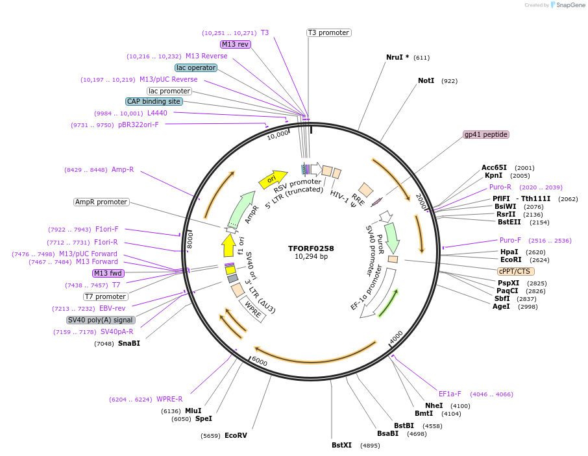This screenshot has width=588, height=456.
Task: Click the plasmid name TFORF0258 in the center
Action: [x=311, y=248]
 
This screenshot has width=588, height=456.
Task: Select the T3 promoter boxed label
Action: [x=328, y=32]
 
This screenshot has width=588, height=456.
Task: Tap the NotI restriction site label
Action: [x=426, y=81]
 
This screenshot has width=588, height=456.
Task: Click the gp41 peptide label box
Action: [x=486, y=135]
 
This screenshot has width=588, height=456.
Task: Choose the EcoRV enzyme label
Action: [x=236, y=435]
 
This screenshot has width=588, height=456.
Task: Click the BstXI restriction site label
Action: [x=341, y=445]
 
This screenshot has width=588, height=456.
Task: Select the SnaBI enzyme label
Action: [x=129, y=343]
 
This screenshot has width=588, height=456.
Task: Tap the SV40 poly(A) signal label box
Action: [x=101, y=320]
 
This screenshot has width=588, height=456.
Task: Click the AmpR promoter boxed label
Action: [x=101, y=202]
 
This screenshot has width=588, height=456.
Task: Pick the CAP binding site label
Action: [x=154, y=101]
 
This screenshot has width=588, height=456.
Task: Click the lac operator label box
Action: [x=195, y=67]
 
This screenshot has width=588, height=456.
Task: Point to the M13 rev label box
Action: [x=235, y=44]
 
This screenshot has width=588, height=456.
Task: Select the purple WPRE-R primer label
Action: [x=169, y=399]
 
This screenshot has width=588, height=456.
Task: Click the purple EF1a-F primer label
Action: [x=450, y=394]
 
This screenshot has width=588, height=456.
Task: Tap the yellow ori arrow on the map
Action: [x=273, y=180]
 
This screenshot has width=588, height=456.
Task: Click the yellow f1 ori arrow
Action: [x=228, y=246]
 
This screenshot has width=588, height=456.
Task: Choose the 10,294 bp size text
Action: [x=311, y=257]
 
